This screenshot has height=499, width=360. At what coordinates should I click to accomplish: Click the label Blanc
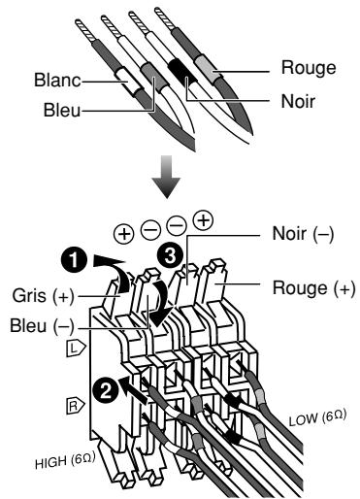(57, 80)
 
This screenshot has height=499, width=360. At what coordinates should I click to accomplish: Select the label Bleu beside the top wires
(62, 110)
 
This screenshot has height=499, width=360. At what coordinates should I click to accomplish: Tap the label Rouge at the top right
(309, 68)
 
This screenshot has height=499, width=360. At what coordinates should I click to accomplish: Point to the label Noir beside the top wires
(298, 101)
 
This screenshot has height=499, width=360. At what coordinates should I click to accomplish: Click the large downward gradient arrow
(166, 177)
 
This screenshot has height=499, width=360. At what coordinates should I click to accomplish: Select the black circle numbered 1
(75, 259)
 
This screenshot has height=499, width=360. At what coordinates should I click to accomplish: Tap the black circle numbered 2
(105, 391)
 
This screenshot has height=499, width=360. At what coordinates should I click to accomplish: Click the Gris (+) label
(44, 296)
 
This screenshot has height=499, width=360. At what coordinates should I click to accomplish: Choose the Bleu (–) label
(42, 326)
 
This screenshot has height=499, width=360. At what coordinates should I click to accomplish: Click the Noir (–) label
(303, 234)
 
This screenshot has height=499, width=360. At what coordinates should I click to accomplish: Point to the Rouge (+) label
(313, 288)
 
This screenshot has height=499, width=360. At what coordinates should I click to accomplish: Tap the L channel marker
(76, 349)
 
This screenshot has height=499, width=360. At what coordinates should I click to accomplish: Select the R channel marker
(76, 406)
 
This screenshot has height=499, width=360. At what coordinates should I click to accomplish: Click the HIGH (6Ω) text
(65, 460)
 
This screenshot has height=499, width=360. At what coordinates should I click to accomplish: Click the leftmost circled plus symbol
(124, 234)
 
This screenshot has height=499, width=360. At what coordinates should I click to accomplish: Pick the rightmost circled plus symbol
(203, 220)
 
